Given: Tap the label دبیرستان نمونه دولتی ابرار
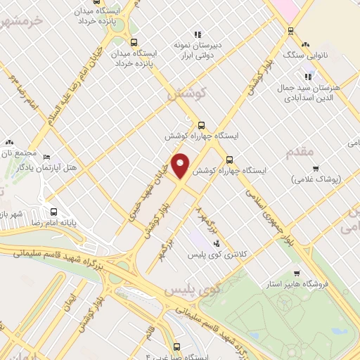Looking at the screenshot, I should [199, 49].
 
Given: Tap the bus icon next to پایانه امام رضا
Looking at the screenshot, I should [53, 211].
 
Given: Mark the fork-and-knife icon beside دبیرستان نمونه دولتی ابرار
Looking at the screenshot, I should [198, 33].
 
